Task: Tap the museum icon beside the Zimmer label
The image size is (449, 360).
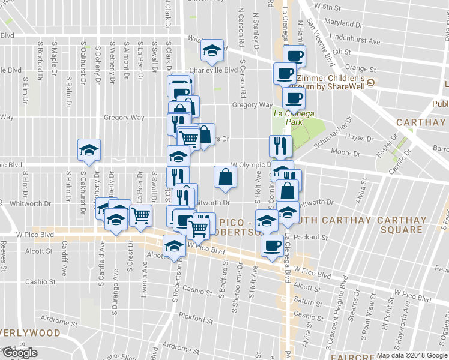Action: click(372, 82)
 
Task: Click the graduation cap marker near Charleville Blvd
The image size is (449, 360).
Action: click(211, 52)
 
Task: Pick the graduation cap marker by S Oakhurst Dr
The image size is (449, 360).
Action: click(89, 151)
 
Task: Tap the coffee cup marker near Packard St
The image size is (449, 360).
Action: click(272, 246)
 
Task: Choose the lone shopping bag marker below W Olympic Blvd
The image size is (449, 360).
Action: click(225, 178)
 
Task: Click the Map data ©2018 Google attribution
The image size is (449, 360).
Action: click(411, 355)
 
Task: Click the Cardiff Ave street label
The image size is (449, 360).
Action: click(64, 256)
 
